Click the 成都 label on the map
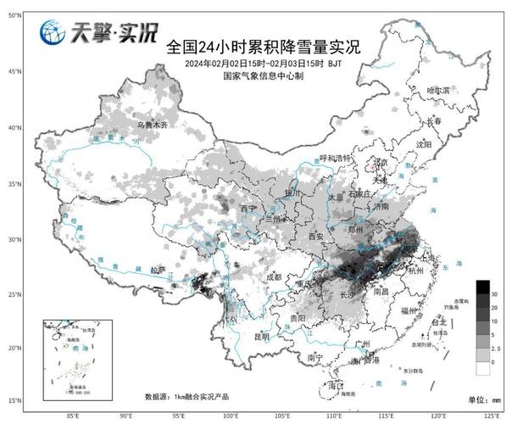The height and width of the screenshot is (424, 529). tap(273, 277)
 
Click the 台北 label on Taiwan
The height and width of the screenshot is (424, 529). tap(438, 323)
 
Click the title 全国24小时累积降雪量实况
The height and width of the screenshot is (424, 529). tap(263, 47)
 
